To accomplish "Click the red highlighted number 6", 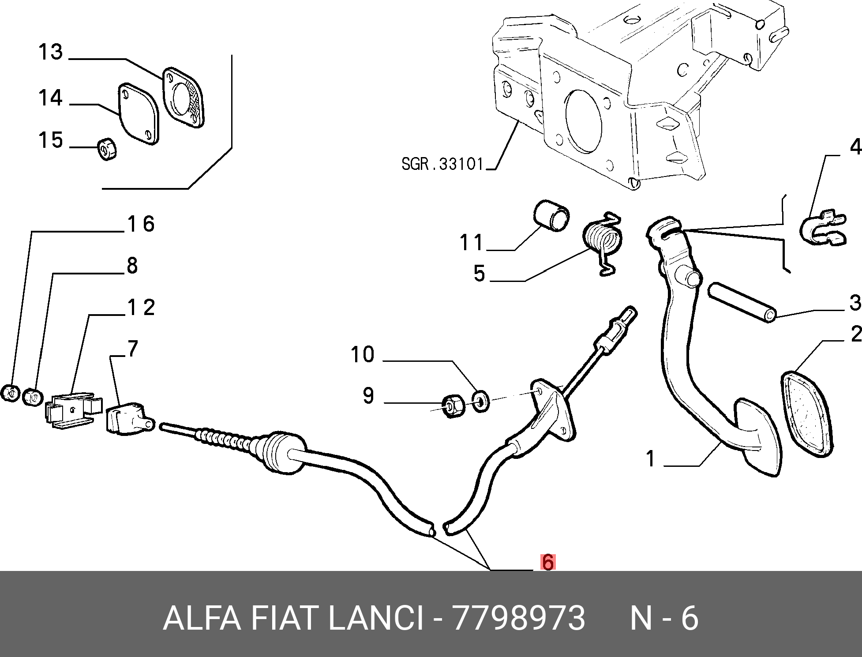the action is click(547, 562).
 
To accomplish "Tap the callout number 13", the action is click(51, 52).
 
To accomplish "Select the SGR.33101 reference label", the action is click(443, 164).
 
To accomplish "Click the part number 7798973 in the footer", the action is click(519, 618).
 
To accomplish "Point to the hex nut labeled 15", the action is click(107, 148).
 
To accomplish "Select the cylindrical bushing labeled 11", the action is click(551, 215).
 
